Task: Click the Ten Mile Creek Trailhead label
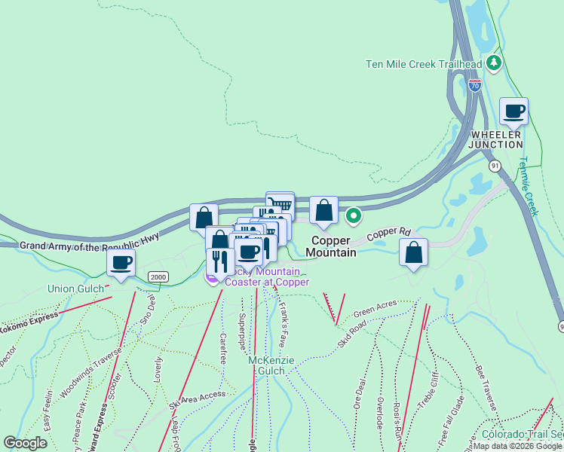425,64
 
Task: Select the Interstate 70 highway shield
474,85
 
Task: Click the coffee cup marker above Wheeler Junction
514,112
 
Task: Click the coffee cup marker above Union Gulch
121,264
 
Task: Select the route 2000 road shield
157,276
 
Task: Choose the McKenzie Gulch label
267,365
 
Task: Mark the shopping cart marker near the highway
280,205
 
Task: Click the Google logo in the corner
25,443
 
